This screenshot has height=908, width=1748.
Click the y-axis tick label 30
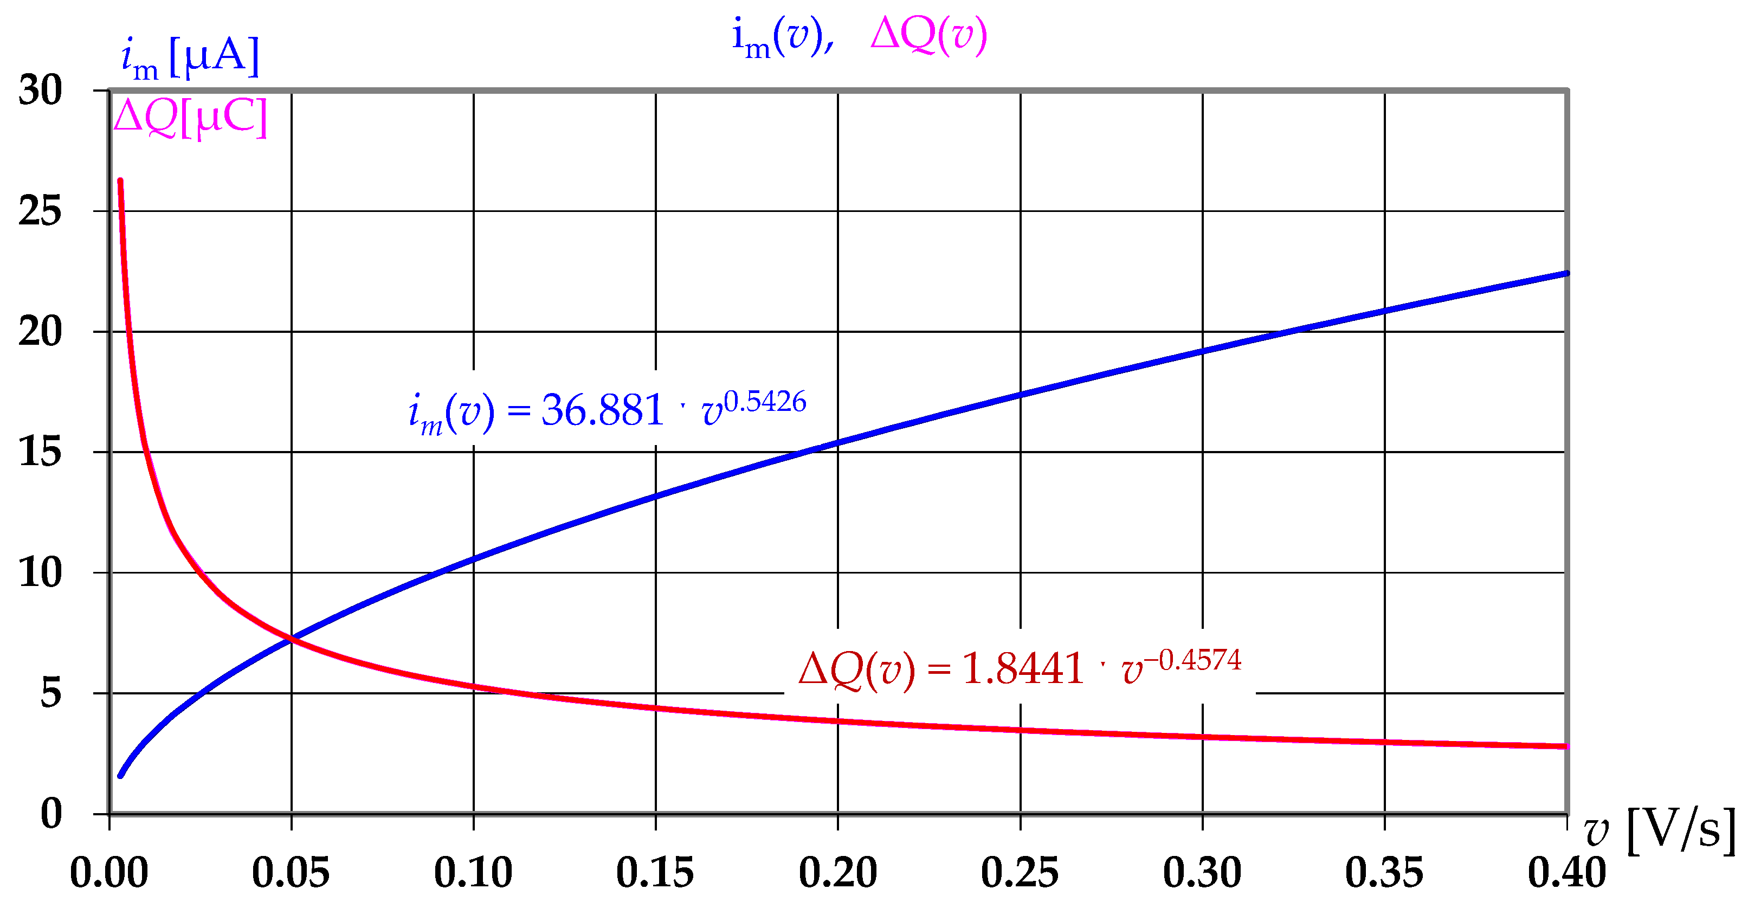(x=40, y=90)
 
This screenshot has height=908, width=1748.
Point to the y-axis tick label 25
(x=40, y=211)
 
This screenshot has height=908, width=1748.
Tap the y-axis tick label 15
(x=40, y=452)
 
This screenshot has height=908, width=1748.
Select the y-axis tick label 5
(x=51, y=693)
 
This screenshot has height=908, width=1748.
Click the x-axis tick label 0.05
(x=291, y=873)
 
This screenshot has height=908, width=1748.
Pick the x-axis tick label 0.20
(x=838, y=873)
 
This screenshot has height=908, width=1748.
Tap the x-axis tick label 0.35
(x=1384, y=873)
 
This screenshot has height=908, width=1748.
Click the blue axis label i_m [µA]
(x=190, y=57)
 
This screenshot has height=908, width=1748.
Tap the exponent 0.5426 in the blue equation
(x=765, y=402)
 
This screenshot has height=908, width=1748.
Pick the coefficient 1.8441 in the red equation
(x=1023, y=669)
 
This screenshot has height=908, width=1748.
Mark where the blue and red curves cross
(x=292, y=639)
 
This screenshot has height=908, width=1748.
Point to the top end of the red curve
(x=120, y=181)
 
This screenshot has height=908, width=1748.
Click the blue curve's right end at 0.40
(x=1566, y=274)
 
